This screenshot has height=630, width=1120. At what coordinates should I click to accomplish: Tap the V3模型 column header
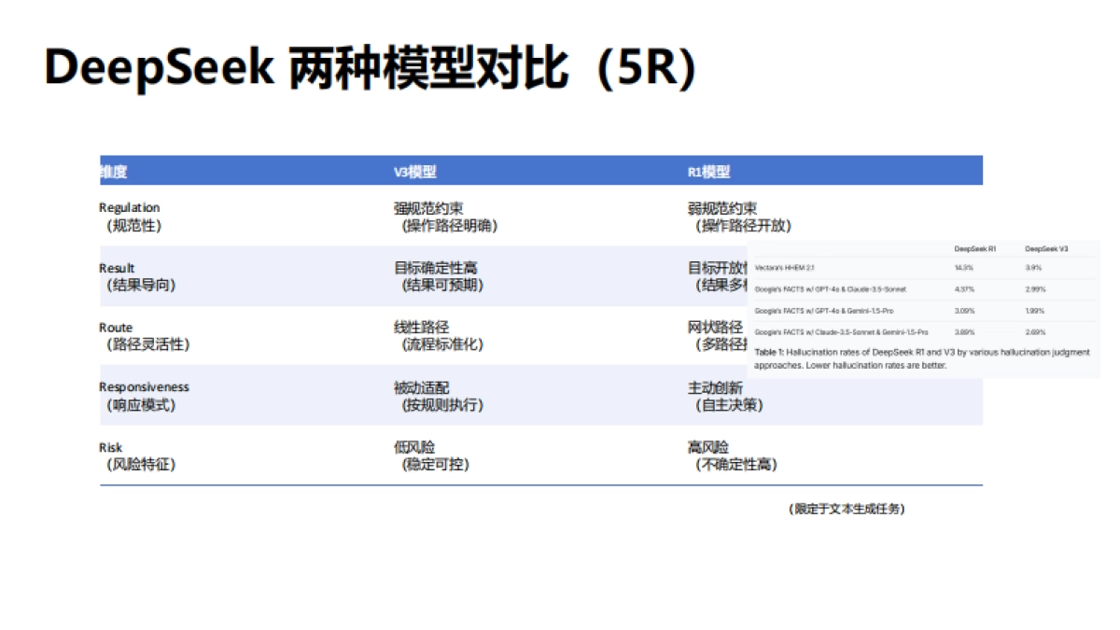[x=414, y=172]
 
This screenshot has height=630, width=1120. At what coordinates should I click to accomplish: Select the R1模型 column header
[x=708, y=172]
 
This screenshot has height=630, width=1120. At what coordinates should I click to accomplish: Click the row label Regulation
[x=129, y=208]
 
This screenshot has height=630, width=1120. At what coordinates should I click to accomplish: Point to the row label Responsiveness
[x=144, y=387]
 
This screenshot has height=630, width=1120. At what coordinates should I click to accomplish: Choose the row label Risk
[x=110, y=447]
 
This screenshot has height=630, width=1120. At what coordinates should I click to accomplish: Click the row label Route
[x=116, y=328]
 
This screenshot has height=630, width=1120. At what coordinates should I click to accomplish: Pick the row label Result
[x=117, y=268]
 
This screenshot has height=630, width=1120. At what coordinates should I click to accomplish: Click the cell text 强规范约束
[x=428, y=208]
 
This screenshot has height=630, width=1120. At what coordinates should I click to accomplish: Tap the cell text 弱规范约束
[x=721, y=208]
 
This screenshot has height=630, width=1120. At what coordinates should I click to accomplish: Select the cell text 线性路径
[x=421, y=328]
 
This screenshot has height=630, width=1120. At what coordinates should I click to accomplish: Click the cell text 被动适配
[x=421, y=387]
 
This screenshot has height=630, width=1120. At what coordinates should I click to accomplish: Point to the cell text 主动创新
[x=715, y=387]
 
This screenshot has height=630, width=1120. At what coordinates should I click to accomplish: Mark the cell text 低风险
[x=414, y=447]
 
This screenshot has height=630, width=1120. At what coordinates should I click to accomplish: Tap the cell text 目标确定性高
[x=435, y=268]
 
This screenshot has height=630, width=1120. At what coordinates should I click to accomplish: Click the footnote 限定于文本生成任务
[x=847, y=509]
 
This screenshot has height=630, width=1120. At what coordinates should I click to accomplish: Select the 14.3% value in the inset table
[x=963, y=267]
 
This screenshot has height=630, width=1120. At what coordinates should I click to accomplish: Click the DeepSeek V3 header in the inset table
[x=1046, y=249]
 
